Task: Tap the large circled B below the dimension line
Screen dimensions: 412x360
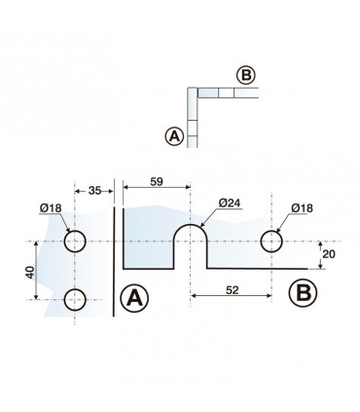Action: point(302,290)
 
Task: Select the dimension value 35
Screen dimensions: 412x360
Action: point(96,192)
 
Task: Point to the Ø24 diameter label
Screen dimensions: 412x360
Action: point(229,203)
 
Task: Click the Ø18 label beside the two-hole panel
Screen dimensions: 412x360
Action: point(54,207)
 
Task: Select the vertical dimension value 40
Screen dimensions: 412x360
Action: point(32,272)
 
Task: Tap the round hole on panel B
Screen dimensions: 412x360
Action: point(270,242)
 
